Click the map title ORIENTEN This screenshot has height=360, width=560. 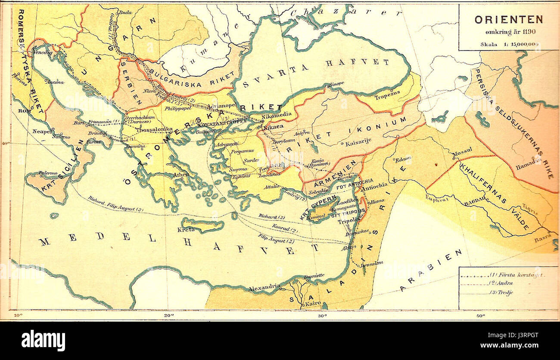pyautogui.click(x=508, y=19)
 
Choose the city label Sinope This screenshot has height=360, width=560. pyautogui.click(x=336, y=84)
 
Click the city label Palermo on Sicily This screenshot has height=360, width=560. pyautogui.click(x=48, y=173)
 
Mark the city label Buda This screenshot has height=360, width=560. pyautogui.click(x=125, y=13)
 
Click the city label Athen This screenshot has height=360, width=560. pyautogui.click(x=180, y=175)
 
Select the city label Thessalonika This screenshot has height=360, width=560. pyautogui.click(x=154, y=128)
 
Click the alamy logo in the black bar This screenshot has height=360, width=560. pyautogui.click(x=43, y=341)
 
